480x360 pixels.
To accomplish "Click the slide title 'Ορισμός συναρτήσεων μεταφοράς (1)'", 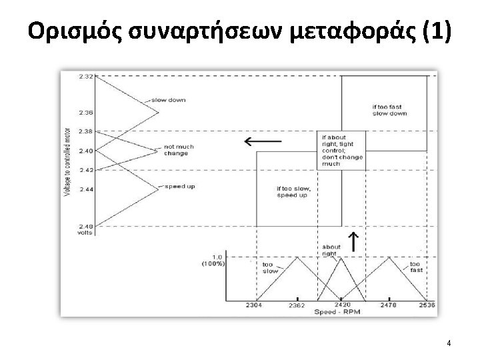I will point(240,32).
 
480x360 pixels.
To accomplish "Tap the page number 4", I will point(449,343).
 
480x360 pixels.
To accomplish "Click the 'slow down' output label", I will point(168,100).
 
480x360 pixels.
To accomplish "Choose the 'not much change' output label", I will point(176,150).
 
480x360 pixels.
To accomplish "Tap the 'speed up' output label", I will point(179,187).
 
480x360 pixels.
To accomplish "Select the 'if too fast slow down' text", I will point(389,109).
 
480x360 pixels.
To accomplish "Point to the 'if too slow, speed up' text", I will point(294,192).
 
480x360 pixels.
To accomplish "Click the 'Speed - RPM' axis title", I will point(342,313).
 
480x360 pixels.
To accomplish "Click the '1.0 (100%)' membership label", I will point(215,261).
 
